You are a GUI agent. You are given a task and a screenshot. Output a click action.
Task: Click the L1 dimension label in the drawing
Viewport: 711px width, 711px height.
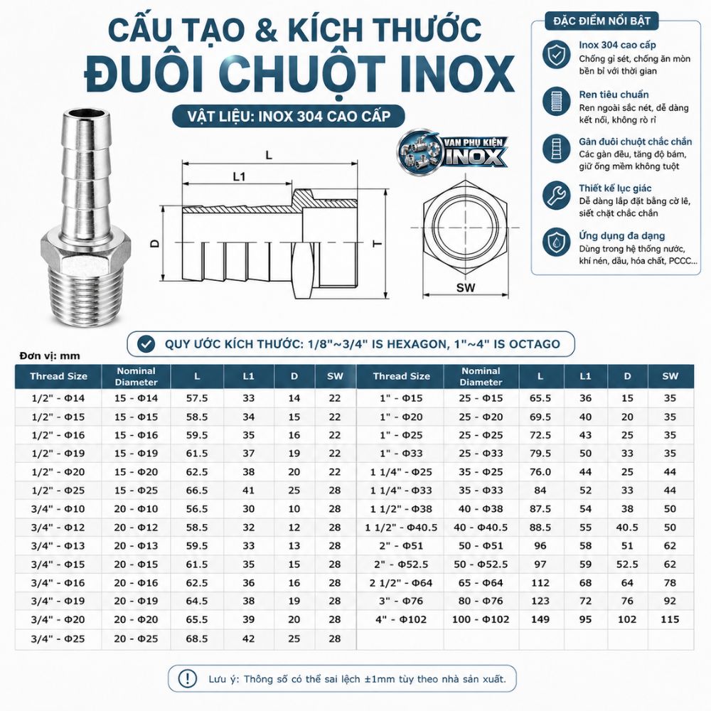point(239,176)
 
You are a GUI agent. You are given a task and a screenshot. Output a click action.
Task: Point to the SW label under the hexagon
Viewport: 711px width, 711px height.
point(465,287)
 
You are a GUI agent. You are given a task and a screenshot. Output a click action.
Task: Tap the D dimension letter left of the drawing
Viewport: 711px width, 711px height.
point(155,243)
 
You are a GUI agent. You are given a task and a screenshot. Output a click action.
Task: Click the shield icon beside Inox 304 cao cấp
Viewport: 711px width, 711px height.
point(557,55)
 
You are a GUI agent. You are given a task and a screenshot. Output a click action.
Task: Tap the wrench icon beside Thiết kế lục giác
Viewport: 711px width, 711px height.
point(557,196)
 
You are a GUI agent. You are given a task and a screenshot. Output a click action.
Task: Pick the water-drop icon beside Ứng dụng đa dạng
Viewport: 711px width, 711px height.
point(557,242)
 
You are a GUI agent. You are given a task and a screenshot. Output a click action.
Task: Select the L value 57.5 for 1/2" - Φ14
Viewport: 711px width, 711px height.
point(197,398)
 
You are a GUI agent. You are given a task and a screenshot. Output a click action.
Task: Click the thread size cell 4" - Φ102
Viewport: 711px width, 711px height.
point(401,619)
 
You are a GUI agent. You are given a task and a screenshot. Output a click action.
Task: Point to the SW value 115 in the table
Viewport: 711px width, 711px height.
point(670,619)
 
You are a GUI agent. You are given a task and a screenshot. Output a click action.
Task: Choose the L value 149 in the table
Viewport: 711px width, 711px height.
point(540,619)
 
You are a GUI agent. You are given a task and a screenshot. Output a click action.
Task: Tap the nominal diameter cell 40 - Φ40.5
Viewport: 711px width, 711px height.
point(481,528)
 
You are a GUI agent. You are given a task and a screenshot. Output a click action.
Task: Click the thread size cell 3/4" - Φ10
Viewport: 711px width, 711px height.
point(58,509)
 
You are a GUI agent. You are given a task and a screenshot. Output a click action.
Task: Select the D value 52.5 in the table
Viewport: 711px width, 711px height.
point(627,564)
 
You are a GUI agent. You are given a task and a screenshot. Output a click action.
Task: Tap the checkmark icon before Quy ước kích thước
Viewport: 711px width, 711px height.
point(146,344)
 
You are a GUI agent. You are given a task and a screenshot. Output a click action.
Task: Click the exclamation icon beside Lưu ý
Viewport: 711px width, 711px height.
point(187,679)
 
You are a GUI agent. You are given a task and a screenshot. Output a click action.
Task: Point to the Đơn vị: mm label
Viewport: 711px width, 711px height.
point(50,356)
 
